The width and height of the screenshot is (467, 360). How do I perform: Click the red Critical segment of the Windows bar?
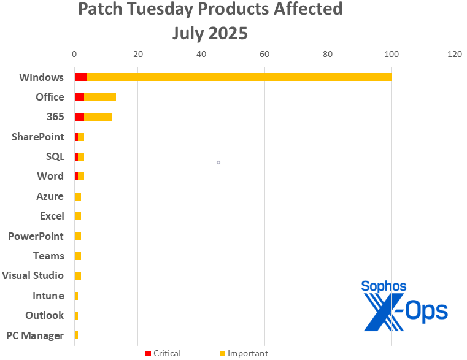[x=80, y=77]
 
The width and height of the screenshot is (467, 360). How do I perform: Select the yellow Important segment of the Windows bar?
[x=239, y=77]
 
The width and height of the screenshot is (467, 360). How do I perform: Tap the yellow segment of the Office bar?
[x=100, y=97]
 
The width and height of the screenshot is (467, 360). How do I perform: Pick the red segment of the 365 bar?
[x=79, y=117]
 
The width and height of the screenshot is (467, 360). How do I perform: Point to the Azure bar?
[x=77, y=196]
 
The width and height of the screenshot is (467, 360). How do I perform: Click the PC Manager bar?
[x=76, y=335]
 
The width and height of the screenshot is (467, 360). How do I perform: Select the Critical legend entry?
[x=163, y=353]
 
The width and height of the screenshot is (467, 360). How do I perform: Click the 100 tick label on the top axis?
[x=391, y=54]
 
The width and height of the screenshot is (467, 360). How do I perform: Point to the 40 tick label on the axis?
[x=201, y=54]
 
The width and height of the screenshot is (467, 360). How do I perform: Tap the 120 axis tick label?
[x=454, y=54]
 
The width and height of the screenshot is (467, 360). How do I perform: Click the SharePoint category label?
[x=37, y=137]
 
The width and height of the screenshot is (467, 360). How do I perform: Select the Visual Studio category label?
[x=33, y=275]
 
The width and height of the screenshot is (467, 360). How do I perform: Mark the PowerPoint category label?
[x=36, y=236]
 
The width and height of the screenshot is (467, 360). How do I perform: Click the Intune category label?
[x=48, y=296]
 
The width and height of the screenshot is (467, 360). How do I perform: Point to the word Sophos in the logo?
[x=384, y=286]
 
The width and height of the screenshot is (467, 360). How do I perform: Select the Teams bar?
[x=77, y=256]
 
